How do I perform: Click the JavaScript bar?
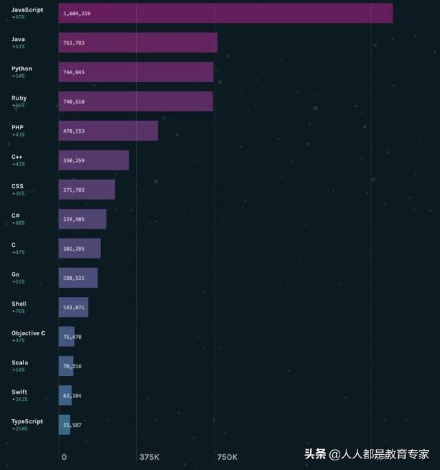point(225,13)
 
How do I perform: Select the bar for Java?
point(137,43)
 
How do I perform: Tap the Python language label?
point(21,69)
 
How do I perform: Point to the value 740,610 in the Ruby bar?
point(74,102)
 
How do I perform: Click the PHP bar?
point(108,131)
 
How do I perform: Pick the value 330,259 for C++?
point(74,160)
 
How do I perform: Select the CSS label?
point(18,186)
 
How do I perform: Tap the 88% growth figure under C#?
point(19,223)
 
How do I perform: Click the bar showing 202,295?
point(80,248)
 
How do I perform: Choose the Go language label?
point(15,274)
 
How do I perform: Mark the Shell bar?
point(73,307)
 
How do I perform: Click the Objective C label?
point(28,333)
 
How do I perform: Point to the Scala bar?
point(66,366)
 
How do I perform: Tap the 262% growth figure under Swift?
point(19,399)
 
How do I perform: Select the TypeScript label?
point(27,421)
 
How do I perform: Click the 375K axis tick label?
point(149,457)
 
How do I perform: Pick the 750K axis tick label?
point(227,457)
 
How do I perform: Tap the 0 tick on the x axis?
point(64,457)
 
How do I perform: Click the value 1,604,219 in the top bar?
point(77,14)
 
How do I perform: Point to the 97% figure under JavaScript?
point(19,17)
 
